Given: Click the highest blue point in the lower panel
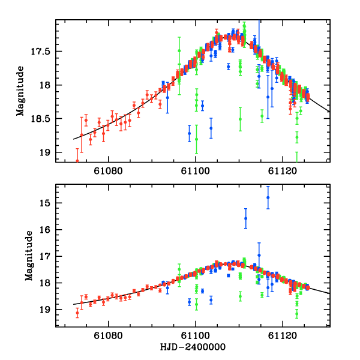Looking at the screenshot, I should (x=268, y=197).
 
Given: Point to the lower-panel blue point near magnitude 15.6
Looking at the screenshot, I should (x=245, y=218).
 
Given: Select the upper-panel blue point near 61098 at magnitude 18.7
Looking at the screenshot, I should (x=189, y=133).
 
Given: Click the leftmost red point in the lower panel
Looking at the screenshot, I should (x=77, y=313).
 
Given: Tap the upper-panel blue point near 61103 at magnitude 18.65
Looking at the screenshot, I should (x=211, y=128).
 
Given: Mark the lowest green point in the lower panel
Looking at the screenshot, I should (x=296, y=313).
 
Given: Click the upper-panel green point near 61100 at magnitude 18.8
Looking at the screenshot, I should (x=196, y=139).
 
